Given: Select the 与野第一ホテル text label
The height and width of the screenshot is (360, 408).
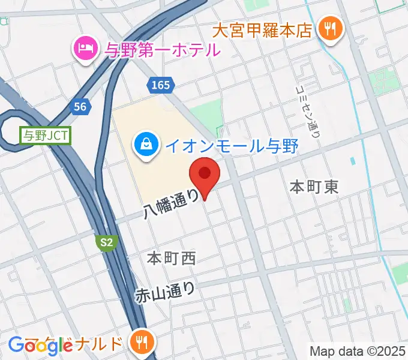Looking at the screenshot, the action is (163, 50).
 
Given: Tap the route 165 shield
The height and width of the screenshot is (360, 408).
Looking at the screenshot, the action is (161, 85).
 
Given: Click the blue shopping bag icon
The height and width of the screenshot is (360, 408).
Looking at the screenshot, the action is (146, 144).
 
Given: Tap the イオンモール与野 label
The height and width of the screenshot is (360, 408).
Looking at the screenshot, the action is (232, 146).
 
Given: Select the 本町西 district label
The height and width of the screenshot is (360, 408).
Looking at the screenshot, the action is (172, 259).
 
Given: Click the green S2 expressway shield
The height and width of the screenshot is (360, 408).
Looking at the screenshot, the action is (106, 242).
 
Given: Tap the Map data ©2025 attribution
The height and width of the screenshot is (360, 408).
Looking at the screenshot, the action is (357, 350).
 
